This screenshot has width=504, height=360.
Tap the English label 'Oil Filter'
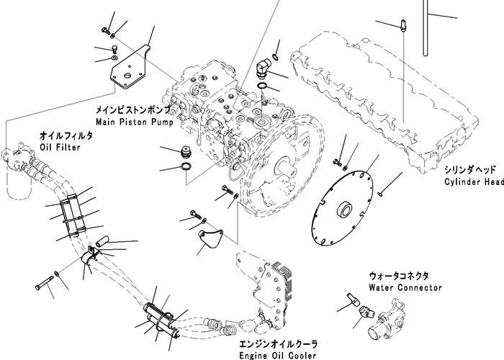pyautogui.click(x=60, y=147)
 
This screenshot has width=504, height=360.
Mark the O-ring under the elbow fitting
pyautogui.click(x=264, y=89)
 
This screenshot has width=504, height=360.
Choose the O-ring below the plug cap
pyautogui.click(x=185, y=168)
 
